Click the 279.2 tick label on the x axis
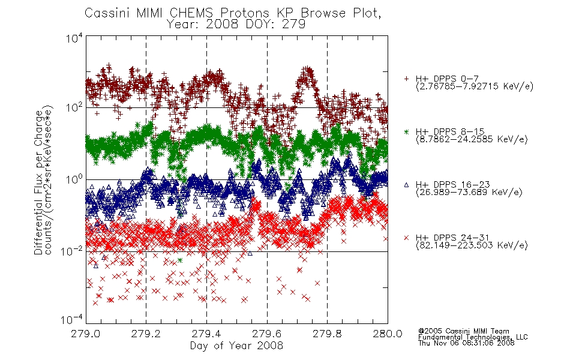tap(146, 334)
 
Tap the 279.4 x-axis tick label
tap(206, 334)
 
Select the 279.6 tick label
tap(267, 334)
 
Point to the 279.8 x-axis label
tap(327, 334)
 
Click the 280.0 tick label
tap(388, 334)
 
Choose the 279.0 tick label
tap(86, 334)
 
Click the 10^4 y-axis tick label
tap(74, 38)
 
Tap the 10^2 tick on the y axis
tap(74, 107)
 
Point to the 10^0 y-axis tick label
tap(74, 179)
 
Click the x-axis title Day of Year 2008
tap(236, 346)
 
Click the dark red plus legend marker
tap(406, 79)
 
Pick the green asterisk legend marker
tap(406, 131)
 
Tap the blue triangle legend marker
tap(406, 185)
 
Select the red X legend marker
tap(406, 238)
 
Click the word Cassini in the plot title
tap(108, 13)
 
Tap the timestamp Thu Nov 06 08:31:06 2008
tap(466, 343)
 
